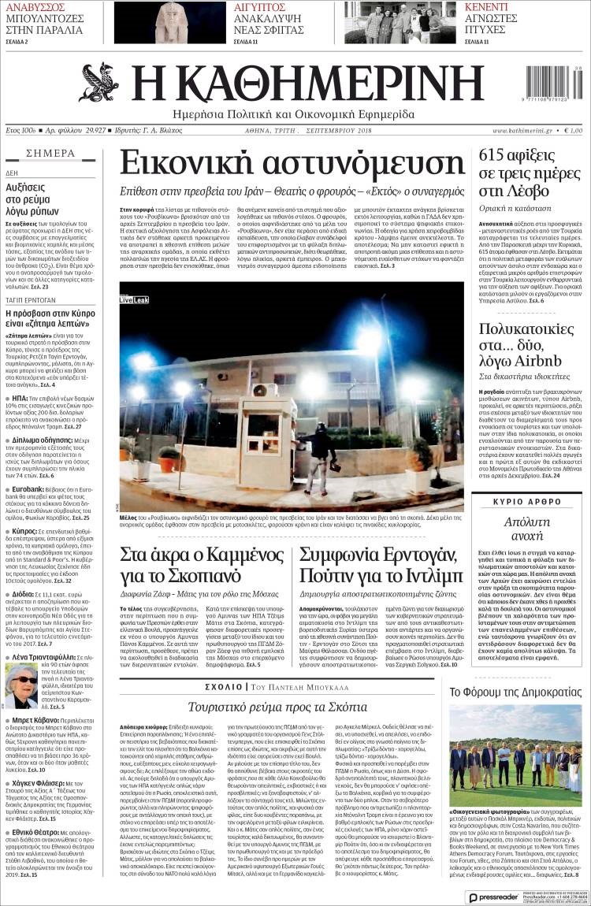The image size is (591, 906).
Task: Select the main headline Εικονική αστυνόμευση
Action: tap(292, 163)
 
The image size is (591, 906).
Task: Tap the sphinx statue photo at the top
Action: tap(169, 22)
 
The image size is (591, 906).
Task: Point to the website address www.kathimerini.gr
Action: tap(522, 130)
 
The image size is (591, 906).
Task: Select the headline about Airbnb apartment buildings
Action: tap(530, 343)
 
